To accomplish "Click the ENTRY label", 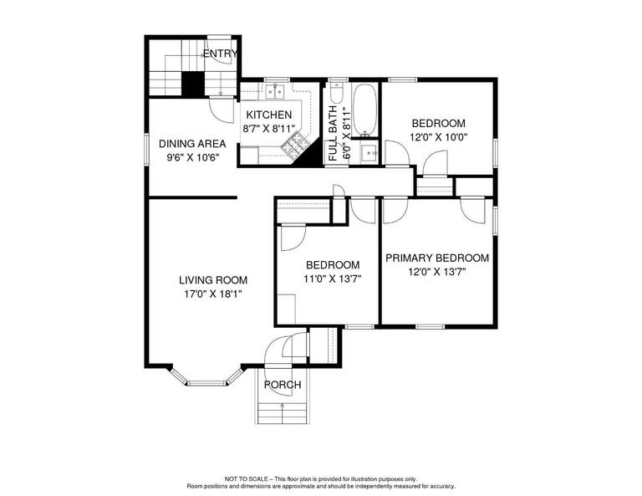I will pyautogui.click(x=220, y=54).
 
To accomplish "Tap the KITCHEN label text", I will pyautogui.click(x=268, y=115).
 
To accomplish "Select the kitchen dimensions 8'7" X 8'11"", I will pyautogui.click(x=268, y=129).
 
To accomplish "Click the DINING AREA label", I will pyautogui.click(x=191, y=143).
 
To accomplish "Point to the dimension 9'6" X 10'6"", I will pyautogui.click(x=191, y=156).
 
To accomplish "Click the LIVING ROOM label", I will pyautogui.click(x=213, y=280).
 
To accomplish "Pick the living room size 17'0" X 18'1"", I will pyautogui.click(x=213, y=294).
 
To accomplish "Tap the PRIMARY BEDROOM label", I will pyautogui.click(x=437, y=258).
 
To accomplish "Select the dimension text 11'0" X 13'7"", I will pyautogui.click(x=331, y=279).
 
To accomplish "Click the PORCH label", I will pyautogui.click(x=282, y=385).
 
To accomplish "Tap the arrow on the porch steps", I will pyautogui.click(x=282, y=409).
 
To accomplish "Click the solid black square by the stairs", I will pyautogui.click(x=193, y=83).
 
